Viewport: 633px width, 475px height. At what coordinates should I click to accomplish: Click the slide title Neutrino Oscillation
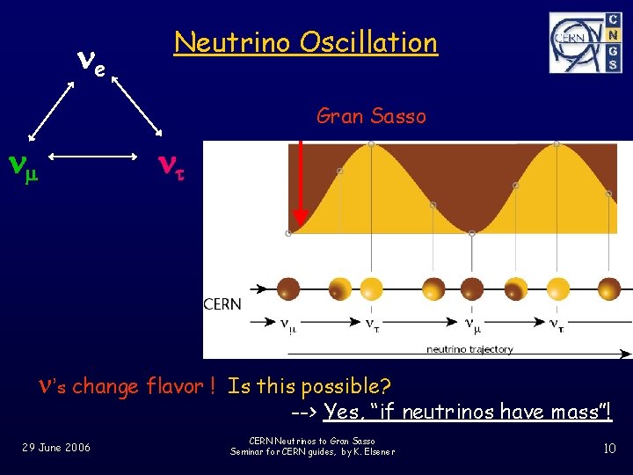[305, 42]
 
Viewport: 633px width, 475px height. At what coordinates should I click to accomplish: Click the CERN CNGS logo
[585, 42]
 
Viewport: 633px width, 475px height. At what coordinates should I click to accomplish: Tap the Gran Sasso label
[371, 115]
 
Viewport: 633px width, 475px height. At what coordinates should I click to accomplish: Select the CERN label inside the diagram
[222, 304]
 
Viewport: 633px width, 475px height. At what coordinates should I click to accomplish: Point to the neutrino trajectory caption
[470, 349]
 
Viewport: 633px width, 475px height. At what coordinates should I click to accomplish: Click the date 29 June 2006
[56, 448]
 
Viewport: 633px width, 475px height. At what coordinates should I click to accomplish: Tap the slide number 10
[609, 449]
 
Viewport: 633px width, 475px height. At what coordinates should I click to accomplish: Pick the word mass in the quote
[574, 412]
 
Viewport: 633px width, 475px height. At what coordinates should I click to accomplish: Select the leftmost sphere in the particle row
[289, 288]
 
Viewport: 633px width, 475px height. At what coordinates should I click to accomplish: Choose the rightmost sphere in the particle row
[608, 288]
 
